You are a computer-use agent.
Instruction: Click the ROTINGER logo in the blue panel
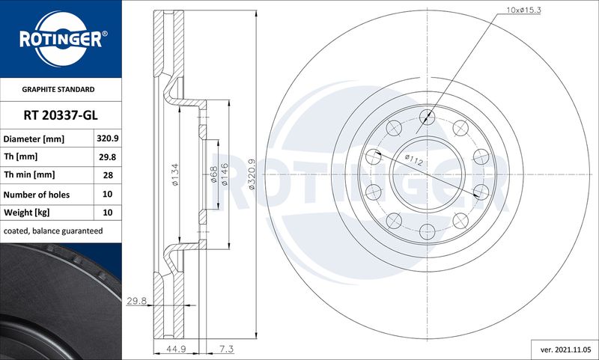61,40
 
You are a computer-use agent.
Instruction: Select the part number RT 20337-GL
61,115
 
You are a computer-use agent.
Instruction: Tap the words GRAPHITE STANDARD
58,89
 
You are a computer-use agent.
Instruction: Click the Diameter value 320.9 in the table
107,138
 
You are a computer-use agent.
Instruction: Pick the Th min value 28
108,175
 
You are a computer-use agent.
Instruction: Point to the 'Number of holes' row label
37,195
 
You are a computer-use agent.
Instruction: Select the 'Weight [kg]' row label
27,213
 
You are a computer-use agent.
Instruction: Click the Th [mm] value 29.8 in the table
107,157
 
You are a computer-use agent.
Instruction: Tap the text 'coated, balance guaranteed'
53,231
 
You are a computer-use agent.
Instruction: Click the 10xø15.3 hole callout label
523,10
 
